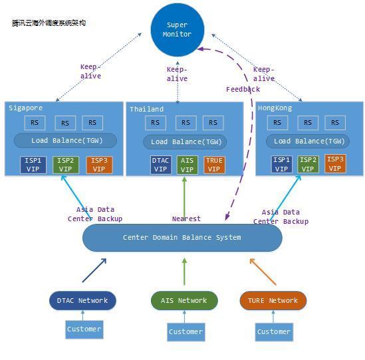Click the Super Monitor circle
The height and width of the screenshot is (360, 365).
178,30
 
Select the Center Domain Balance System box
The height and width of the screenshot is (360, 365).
182,238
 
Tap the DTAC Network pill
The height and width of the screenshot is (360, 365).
82,300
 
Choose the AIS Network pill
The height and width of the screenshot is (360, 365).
184,300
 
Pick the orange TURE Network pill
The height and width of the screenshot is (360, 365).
273,300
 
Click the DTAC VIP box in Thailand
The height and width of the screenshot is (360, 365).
161,165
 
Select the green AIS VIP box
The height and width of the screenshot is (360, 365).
187,165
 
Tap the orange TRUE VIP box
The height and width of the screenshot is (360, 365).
214,165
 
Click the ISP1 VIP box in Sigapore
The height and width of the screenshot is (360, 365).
33,165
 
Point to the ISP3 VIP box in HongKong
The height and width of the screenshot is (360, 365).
335,163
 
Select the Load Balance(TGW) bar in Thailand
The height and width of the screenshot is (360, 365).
185,142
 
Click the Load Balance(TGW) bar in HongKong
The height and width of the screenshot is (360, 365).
308,141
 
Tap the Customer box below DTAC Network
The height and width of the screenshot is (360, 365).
84,329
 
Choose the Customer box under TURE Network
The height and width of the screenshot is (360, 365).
274,332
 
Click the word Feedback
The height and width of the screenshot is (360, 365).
243,89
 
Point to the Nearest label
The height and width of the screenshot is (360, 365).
186,219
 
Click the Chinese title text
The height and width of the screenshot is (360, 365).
49,23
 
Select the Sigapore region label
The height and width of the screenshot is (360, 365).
26,108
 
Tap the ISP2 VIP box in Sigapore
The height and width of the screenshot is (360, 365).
66,165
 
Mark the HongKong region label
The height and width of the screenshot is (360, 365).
275,108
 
